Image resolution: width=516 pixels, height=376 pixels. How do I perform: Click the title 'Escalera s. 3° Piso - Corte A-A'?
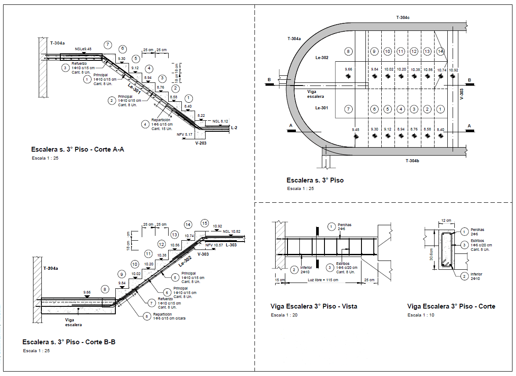point(77,149)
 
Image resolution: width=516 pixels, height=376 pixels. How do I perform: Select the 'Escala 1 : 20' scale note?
point(284,315)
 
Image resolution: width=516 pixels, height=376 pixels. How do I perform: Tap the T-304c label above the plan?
point(402,18)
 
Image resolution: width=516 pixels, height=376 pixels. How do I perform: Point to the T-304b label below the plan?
point(412,161)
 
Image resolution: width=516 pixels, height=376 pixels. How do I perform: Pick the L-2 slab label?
point(234,128)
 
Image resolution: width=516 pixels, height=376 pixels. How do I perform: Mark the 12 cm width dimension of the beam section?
point(446,220)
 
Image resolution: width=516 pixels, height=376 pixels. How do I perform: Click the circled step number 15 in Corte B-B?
point(204,223)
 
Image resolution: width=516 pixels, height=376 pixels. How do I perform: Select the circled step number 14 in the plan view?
point(440,52)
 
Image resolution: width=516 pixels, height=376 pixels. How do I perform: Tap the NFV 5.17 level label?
point(185,134)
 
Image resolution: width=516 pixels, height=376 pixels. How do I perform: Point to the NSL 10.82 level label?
point(232,231)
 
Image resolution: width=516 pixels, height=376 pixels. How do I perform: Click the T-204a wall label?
point(51,268)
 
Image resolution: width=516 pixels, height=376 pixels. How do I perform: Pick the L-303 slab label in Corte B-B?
point(231,245)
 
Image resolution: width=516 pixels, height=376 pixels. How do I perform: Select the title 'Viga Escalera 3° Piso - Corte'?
point(451,306)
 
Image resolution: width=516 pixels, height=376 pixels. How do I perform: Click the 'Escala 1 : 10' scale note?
point(420,315)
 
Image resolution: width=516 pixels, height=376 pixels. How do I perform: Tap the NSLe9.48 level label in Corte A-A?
point(83,49)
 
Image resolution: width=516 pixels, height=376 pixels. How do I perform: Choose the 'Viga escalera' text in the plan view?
point(316,94)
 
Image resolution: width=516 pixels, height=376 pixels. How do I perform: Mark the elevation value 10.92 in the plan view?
point(453,70)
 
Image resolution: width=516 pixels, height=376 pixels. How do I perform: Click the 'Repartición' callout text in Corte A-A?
point(161,120)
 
